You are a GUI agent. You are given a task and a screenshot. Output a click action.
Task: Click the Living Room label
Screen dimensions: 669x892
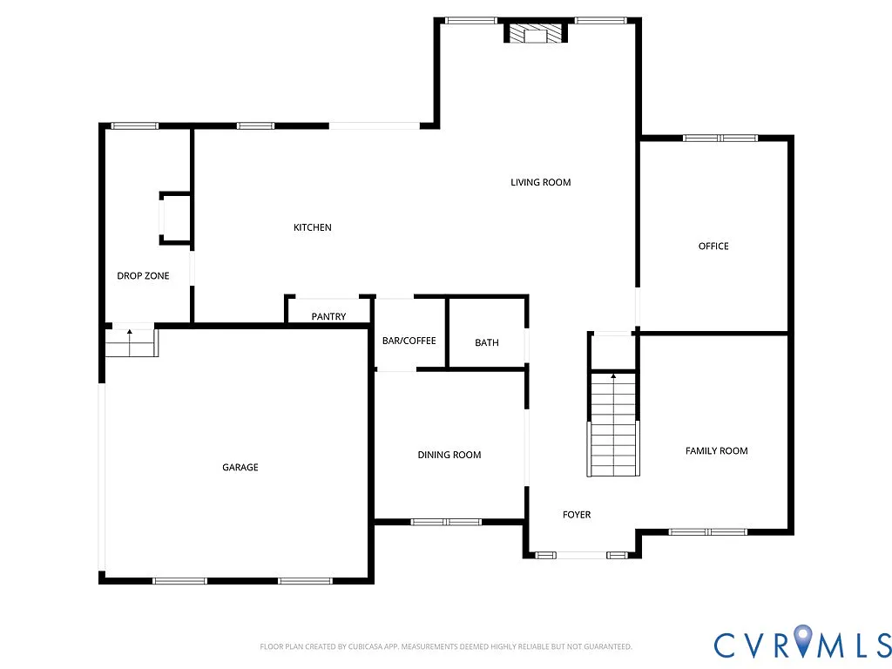(540, 182)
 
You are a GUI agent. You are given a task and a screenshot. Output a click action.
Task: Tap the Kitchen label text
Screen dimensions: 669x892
(312, 227)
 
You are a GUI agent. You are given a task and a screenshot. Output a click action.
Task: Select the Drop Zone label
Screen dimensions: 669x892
(143, 276)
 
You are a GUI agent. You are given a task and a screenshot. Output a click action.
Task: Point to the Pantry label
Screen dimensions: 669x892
(328, 317)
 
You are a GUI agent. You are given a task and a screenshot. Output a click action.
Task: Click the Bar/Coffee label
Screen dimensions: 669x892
(409, 341)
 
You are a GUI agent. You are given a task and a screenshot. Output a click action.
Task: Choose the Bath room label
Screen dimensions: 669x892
(487, 342)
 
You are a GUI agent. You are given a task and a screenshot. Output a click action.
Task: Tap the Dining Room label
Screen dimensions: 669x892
(449, 455)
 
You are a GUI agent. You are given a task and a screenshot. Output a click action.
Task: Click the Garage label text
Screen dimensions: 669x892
(240, 468)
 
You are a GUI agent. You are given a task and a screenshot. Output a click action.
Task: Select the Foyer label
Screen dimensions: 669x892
(577, 515)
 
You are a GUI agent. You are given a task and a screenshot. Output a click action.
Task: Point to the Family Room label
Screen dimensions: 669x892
(716, 450)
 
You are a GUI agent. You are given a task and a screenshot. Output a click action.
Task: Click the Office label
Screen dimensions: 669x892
(713, 247)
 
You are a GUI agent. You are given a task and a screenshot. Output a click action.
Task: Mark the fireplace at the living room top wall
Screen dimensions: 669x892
(535, 34)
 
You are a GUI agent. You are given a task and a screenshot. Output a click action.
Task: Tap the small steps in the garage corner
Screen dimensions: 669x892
(130, 344)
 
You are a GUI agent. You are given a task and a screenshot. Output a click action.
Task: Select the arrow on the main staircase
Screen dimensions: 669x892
(613, 377)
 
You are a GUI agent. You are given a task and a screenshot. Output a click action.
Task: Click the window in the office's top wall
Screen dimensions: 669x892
(720, 138)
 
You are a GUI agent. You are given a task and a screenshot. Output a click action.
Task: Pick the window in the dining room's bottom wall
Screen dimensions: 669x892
(446, 522)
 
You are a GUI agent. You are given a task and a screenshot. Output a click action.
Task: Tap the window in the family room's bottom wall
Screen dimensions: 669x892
(707, 531)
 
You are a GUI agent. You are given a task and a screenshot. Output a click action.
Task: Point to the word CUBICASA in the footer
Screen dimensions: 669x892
(354, 646)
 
